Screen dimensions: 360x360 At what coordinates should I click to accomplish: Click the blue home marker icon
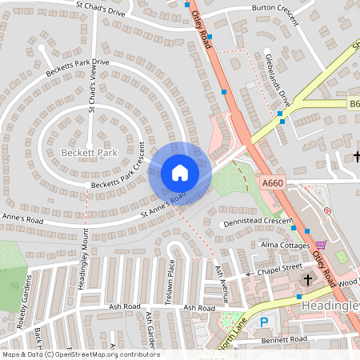179,173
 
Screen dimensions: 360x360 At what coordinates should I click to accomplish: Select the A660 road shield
273,183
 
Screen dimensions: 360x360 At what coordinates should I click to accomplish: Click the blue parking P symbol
263,322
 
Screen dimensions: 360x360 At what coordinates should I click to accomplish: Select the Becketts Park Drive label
78,70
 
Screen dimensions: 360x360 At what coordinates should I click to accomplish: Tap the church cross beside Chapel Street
307,279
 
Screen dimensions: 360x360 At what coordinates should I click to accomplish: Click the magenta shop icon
322,245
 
